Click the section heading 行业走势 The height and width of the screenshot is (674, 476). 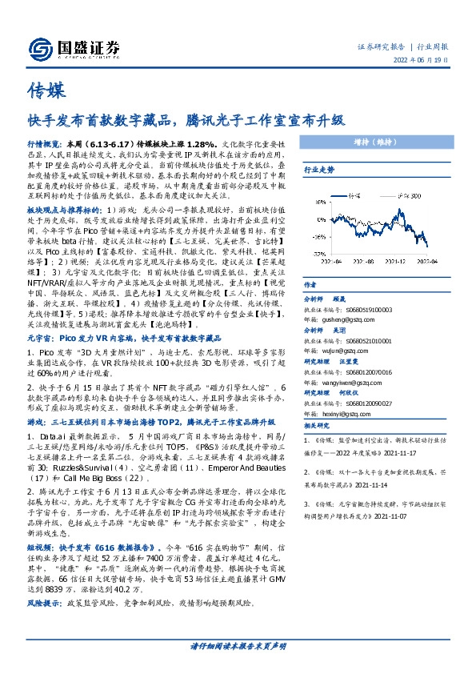pos(318,171)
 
